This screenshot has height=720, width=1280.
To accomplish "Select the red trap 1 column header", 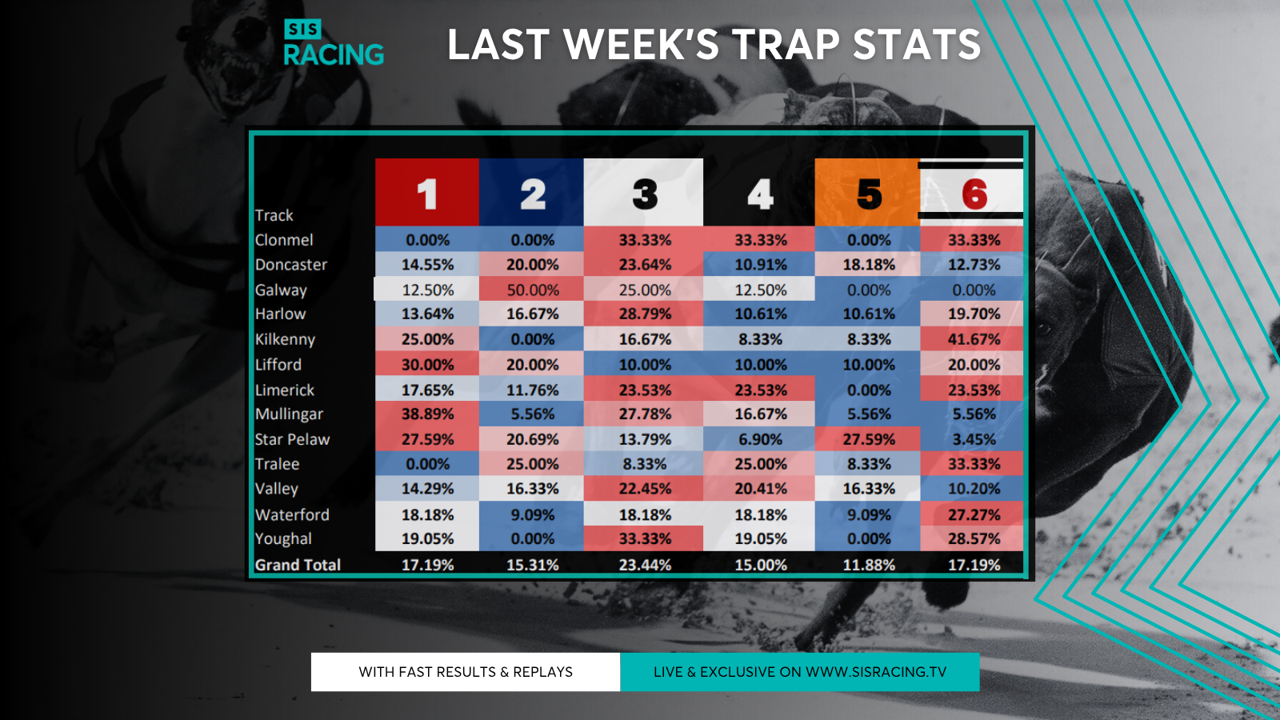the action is point(427,192).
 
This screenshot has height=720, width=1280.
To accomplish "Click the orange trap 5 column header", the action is point(867,192).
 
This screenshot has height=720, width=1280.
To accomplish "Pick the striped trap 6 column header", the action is point(971,192).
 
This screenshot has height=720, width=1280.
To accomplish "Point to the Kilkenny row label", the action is point(285,339).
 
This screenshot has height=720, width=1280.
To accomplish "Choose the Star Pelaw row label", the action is point(292,439).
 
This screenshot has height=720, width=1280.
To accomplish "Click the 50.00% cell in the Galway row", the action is point(532,290).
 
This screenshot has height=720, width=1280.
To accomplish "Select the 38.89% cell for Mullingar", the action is point(427,414).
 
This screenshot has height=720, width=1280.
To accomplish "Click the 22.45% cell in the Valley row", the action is point(644,489).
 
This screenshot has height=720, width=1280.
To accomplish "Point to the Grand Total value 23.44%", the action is point(645,565).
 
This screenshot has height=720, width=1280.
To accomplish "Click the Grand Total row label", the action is point(298,565).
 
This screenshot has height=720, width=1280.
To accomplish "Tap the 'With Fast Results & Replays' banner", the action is point(466,672).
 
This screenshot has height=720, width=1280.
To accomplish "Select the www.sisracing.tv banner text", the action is point(800,672).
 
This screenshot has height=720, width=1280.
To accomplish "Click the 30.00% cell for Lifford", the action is point(427,364).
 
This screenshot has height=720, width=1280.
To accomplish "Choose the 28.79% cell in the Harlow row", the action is point(644,314).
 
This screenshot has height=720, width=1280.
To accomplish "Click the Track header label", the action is point(274,215).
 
